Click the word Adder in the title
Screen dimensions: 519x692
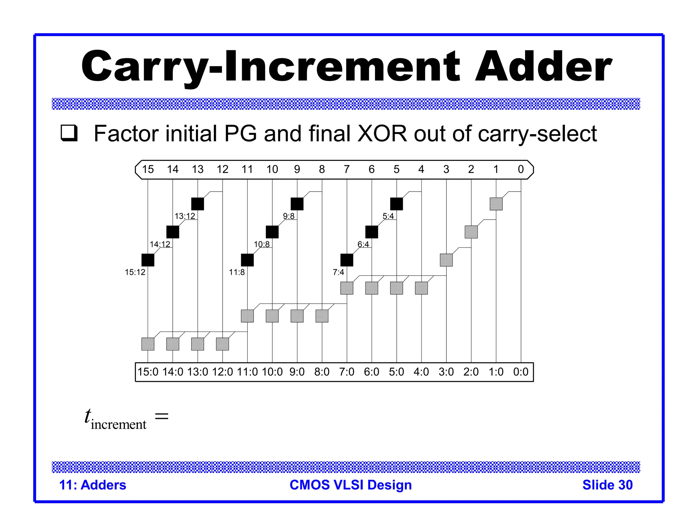(543, 67)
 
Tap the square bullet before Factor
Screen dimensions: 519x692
(69, 133)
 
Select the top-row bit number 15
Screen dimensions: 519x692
(148, 169)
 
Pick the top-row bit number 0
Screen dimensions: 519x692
(521, 169)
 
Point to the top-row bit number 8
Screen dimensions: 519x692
(322, 169)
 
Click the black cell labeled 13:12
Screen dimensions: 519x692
(198, 204)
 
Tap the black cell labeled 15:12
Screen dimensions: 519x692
(148, 260)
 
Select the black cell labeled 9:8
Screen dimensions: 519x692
(297, 204)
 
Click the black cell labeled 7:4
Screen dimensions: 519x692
(347, 260)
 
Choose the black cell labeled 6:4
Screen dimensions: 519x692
(372, 232)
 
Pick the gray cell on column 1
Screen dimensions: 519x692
(496, 204)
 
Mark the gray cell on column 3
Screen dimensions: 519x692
(446, 260)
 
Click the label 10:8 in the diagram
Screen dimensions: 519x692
(262, 244)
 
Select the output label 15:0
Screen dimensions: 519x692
(148, 372)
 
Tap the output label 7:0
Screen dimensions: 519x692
(347, 372)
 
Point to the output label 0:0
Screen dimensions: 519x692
(521, 372)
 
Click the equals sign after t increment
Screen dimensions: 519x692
(162, 416)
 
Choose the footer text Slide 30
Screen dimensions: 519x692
(607, 485)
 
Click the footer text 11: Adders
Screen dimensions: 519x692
(93, 485)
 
